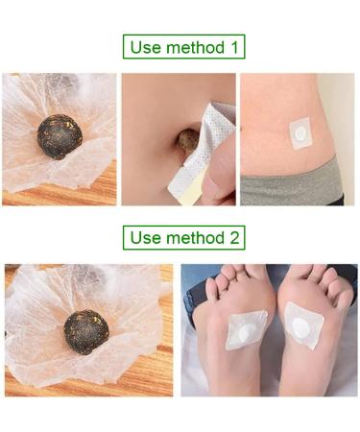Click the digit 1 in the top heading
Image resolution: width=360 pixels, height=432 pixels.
pos(231,47)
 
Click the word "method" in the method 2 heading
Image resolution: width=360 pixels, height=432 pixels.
pos(189,236)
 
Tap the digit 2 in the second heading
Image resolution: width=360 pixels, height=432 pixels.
pos(231,236)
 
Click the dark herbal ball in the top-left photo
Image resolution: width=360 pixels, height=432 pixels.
pos(59,137)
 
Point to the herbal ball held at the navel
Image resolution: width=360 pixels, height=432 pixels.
pos(183,142)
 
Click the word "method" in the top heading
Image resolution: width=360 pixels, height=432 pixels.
pos(189,47)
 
